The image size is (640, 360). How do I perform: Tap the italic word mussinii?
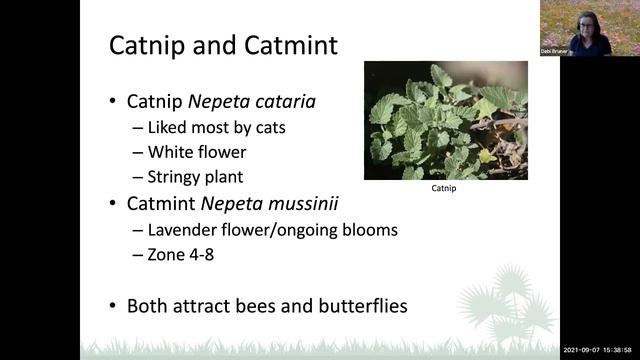click(302, 204)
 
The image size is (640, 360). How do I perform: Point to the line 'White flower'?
click(196, 153)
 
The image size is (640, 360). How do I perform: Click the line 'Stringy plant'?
click(195, 178)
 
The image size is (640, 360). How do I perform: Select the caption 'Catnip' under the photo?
click(443, 188)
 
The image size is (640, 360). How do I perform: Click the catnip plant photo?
click(445, 120)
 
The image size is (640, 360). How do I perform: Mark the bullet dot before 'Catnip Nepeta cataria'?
click(113, 102)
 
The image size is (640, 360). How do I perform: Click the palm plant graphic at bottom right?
click(511, 300)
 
